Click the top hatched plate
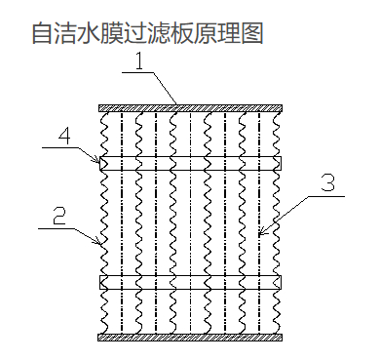pos(190,106)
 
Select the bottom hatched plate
pos(190,338)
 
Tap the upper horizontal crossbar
pos(190,162)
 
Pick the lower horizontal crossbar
pos(190,281)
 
